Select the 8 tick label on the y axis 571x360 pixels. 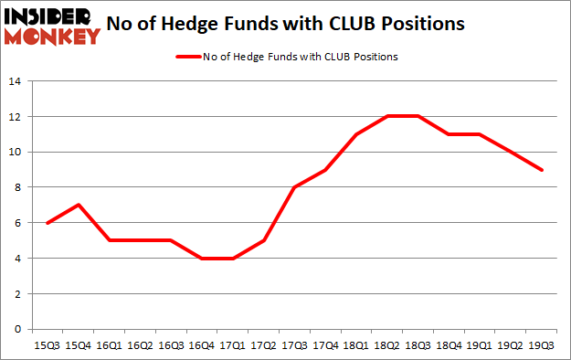click(x=17, y=187)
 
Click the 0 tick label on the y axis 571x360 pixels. click(x=17, y=329)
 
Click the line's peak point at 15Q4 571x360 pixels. click(x=79, y=206)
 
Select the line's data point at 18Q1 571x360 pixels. click(x=357, y=134)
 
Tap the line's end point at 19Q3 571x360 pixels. click(x=544, y=170)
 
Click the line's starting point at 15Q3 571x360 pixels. click(x=48, y=223)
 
